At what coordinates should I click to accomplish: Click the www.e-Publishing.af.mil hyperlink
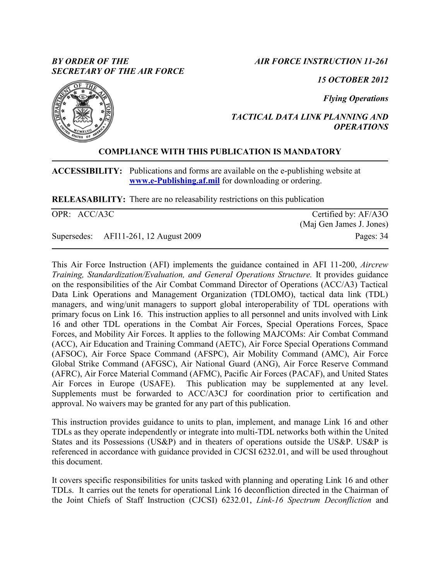pos(175,181)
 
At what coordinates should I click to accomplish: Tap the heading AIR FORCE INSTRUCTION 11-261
pos(321,61)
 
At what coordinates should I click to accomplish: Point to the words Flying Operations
pos(356,98)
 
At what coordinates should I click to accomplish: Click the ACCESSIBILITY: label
pos(87,171)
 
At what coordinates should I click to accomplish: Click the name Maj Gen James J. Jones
pos(344,224)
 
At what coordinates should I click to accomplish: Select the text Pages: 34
pos(372,236)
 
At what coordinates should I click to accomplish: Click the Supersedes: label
pos(72,236)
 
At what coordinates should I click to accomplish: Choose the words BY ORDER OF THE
pos(91,61)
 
